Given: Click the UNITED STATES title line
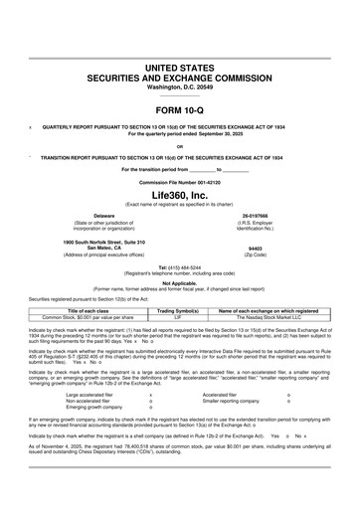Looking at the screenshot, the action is [x=179, y=66].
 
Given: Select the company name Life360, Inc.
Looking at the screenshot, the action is [x=179, y=195].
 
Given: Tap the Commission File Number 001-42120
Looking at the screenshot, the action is [x=179, y=184].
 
